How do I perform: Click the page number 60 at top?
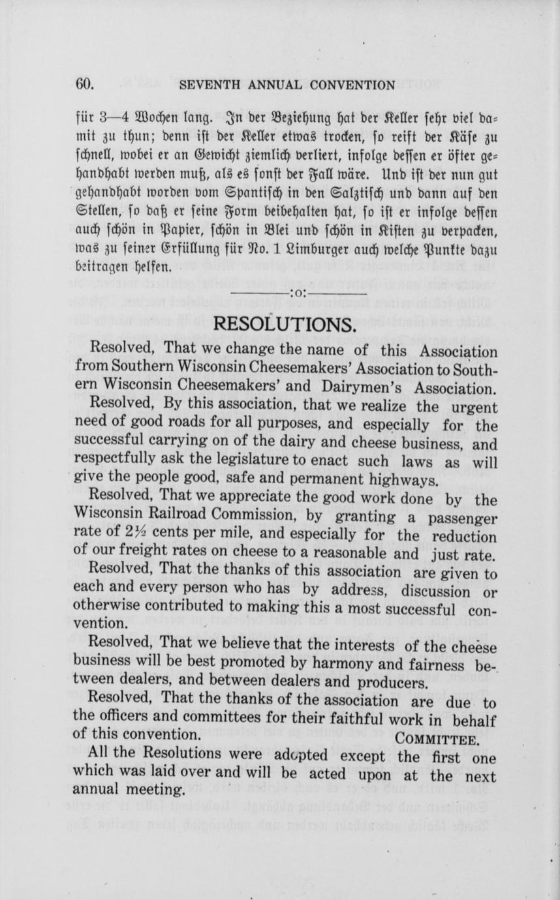[86, 84]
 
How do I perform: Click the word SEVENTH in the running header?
[204, 85]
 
